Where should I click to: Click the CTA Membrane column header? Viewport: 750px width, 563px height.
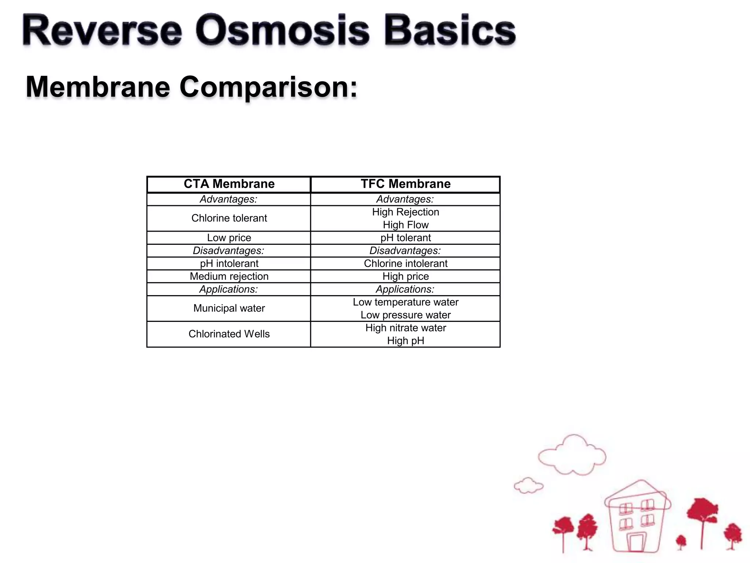point(229,184)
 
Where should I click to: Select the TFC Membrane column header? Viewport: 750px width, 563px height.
point(405,184)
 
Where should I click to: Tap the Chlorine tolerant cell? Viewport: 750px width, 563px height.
point(229,218)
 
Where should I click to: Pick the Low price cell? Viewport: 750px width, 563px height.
point(229,238)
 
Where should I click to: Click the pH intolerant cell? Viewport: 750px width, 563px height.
point(229,264)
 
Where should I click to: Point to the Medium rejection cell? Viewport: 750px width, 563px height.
point(229,276)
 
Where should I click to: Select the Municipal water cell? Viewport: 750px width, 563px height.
point(229,308)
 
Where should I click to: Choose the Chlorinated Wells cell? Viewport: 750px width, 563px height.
point(229,334)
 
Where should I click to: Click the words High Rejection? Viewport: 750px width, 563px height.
point(405,212)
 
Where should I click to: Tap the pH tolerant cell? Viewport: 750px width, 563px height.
point(405,238)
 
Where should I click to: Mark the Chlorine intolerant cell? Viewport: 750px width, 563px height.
point(405,264)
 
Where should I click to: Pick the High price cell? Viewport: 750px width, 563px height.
point(405,276)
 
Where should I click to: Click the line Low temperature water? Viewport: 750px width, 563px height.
point(405,302)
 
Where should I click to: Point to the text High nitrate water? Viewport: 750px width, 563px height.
point(405,328)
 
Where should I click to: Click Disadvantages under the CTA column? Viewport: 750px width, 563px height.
point(229,251)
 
